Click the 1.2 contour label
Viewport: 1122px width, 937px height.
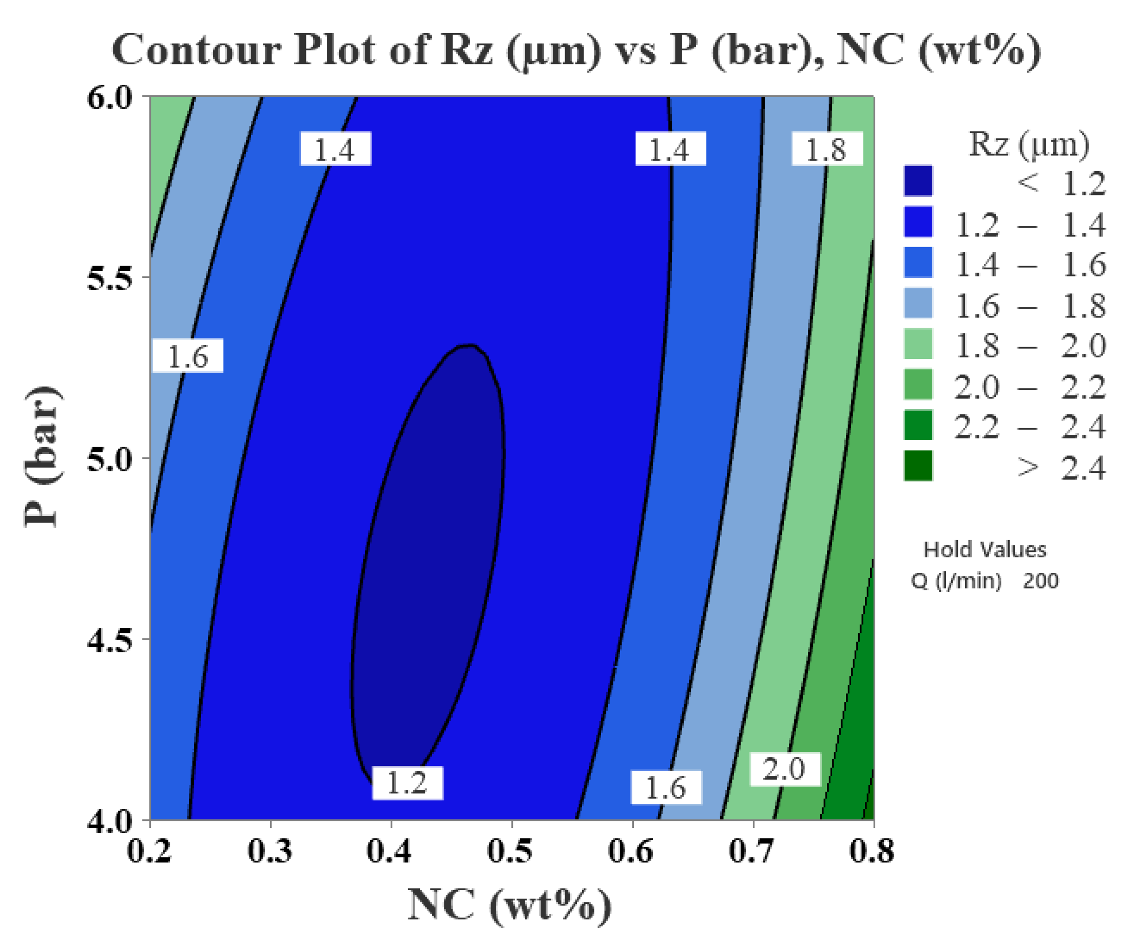tap(407, 783)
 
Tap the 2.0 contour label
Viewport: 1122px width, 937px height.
tap(784, 769)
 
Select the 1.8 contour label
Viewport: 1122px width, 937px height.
tap(826, 149)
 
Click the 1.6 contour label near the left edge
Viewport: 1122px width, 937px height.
tap(187, 356)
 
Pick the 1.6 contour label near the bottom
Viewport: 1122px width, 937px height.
tap(666, 788)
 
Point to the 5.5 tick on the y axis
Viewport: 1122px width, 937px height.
tap(109, 277)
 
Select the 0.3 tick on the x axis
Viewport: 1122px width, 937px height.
tap(270, 851)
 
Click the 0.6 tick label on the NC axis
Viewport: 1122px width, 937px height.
tap(631, 851)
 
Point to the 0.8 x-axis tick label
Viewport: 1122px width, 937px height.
tap(872, 851)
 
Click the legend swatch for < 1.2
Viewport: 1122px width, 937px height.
tap(918, 181)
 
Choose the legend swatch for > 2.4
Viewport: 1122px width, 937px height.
tap(918, 466)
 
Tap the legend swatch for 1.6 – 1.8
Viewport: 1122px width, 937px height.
tap(918, 303)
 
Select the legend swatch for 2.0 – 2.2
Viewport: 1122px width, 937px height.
tap(918, 385)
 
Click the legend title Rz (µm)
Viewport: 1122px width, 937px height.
tap(1029, 144)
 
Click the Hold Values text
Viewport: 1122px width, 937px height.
tap(985, 550)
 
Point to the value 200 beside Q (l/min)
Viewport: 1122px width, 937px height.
tap(1040, 580)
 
